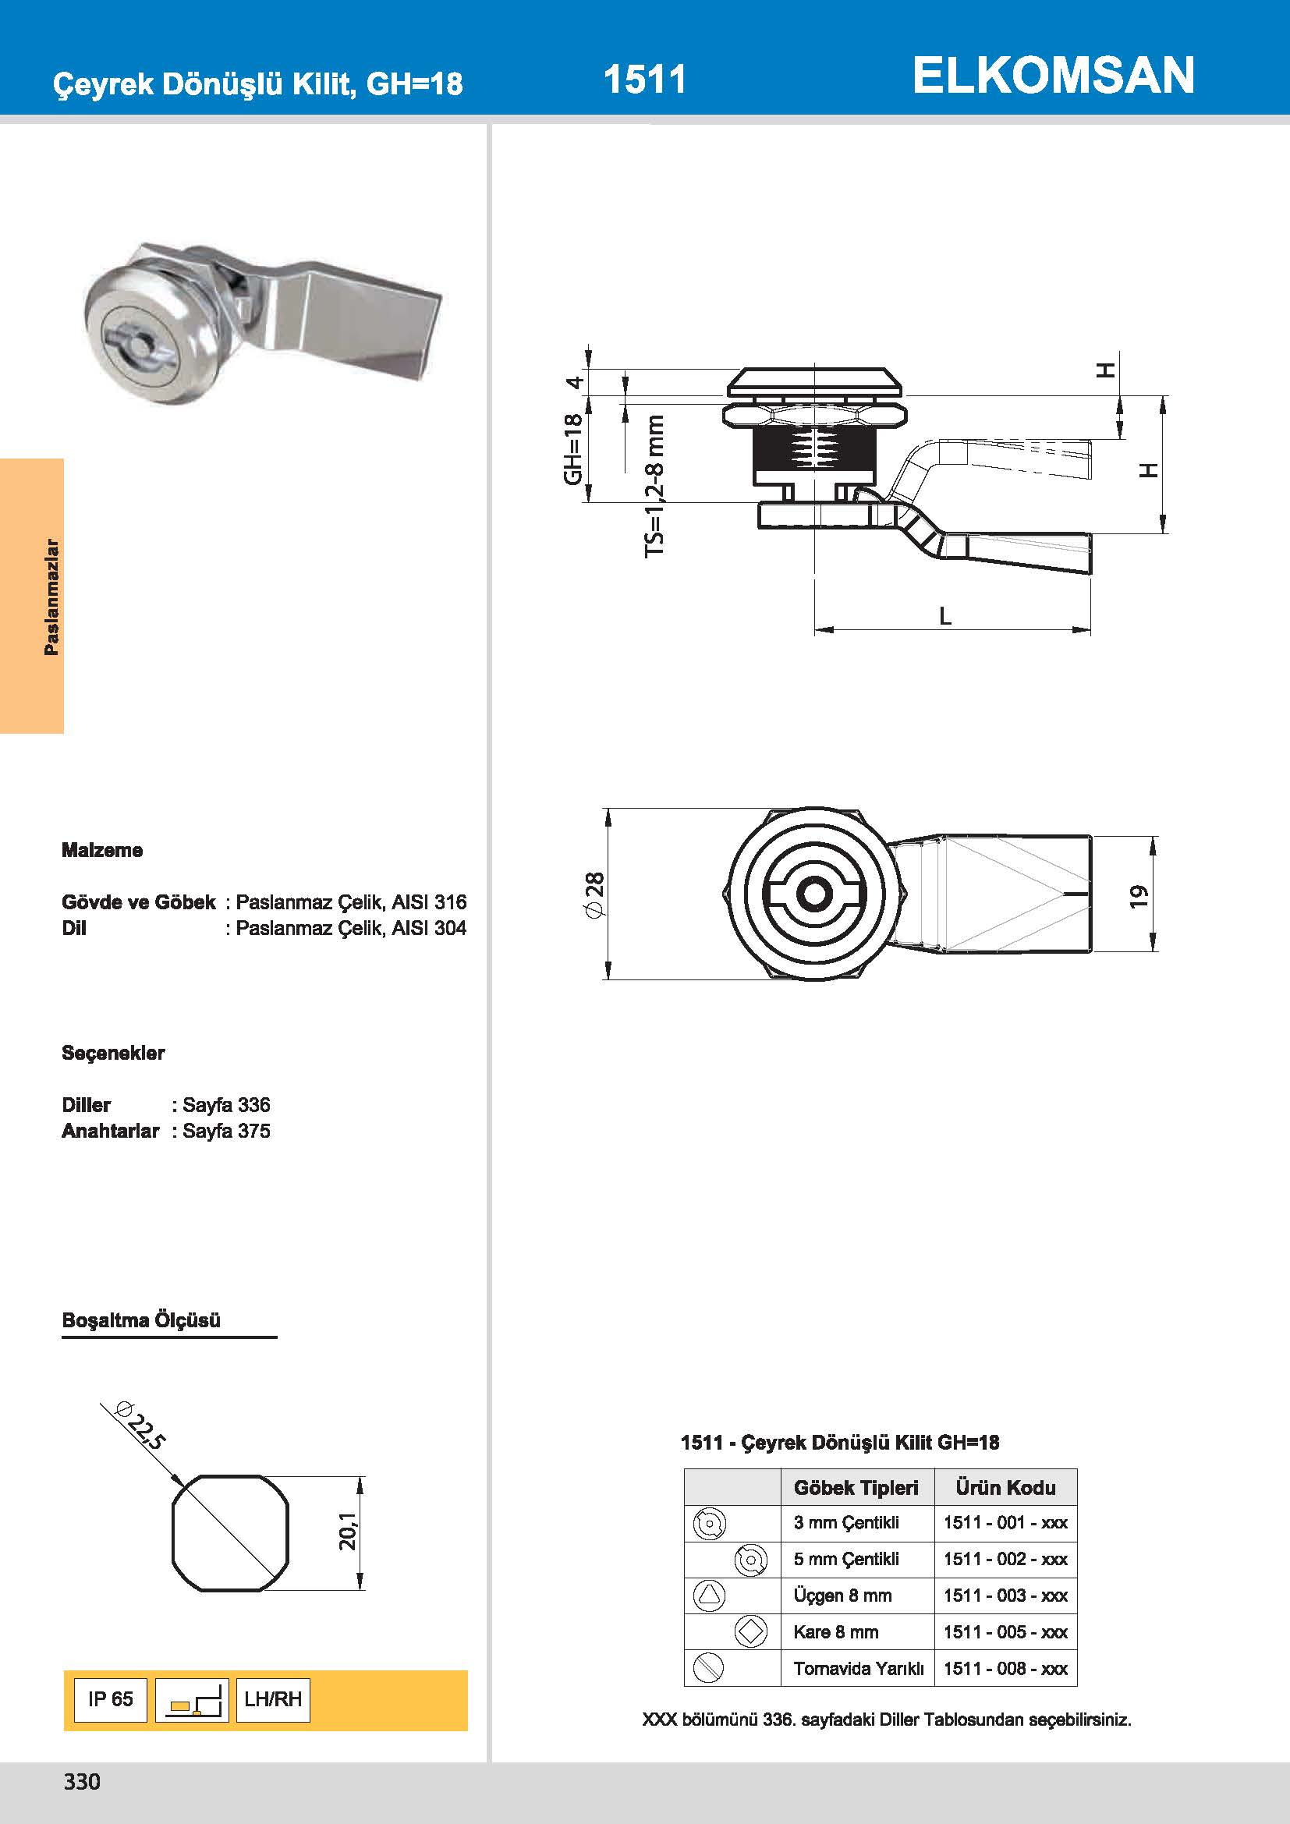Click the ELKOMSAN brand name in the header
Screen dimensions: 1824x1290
pyautogui.click(x=1052, y=76)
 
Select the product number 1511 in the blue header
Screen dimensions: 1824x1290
pyautogui.click(x=644, y=80)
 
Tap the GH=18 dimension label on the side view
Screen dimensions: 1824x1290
pyautogui.click(x=572, y=449)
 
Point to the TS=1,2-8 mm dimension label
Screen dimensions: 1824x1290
pyautogui.click(x=654, y=485)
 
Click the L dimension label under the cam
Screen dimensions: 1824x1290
pyautogui.click(x=944, y=616)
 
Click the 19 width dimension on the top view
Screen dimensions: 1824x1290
pyautogui.click(x=1139, y=895)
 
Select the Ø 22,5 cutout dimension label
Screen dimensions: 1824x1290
pyautogui.click(x=141, y=1428)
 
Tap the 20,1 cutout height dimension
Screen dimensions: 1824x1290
pyautogui.click(x=349, y=1531)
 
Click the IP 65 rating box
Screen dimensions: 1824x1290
pyautogui.click(x=111, y=1699)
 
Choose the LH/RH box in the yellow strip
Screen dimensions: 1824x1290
pyautogui.click(x=272, y=1699)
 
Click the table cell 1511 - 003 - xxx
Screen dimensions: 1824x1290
pyautogui.click(x=1005, y=1596)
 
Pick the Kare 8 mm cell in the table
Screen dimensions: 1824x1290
pyautogui.click(x=835, y=1631)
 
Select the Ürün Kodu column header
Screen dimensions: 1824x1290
pyautogui.click(x=1005, y=1488)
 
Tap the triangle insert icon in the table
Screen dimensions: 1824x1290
pyautogui.click(x=708, y=1595)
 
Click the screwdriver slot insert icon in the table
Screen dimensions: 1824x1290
pyautogui.click(x=708, y=1667)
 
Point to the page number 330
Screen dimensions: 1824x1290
pyautogui.click(x=82, y=1782)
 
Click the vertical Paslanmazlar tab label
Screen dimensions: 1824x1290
pyautogui.click(x=51, y=597)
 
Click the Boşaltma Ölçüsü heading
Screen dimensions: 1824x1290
pyautogui.click(x=141, y=1320)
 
